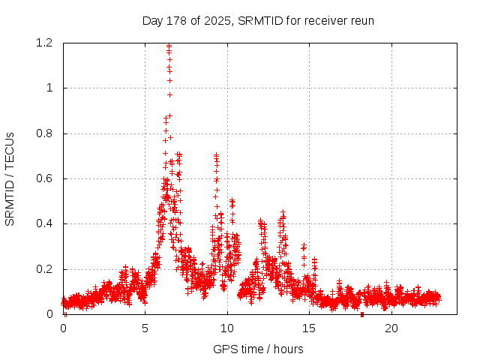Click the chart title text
click(x=258, y=20)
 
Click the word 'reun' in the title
click(x=361, y=20)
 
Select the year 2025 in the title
click(x=218, y=20)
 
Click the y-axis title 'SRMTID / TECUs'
click(x=10, y=178)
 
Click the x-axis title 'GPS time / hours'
click(x=258, y=349)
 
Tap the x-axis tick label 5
click(x=145, y=328)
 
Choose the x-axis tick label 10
click(x=227, y=328)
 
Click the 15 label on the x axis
click(x=309, y=328)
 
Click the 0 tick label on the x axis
click(x=64, y=328)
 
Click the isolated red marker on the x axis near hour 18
click(x=362, y=314)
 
